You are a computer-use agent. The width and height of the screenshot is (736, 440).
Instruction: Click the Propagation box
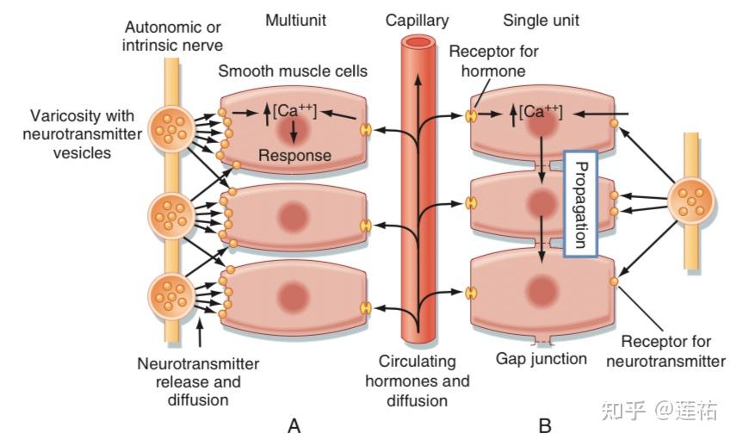(x=581, y=204)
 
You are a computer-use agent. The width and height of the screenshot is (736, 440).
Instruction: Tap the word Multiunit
(x=296, y=21)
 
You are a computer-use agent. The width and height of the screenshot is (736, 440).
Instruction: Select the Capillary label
(x=417, y=22)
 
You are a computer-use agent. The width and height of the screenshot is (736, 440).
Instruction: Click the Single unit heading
(x=541, y=21)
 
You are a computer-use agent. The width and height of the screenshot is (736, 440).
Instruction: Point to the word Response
(x=294, y=156)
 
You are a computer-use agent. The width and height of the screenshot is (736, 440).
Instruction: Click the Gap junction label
(x=541, y=359)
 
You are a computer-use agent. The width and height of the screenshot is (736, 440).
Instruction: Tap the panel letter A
(x=294, y=426)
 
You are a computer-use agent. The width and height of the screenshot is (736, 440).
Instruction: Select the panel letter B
(x=545, y=426)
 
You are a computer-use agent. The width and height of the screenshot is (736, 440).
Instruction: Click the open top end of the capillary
(x=418, y=43)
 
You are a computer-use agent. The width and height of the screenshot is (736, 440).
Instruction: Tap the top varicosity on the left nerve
(x=171, y=128)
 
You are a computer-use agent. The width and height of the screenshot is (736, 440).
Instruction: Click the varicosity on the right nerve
(x=691, y=201)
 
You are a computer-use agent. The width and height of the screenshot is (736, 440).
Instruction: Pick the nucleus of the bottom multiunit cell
(x=293, y=297)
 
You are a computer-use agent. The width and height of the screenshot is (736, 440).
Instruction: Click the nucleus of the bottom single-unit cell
(x=541, y=291)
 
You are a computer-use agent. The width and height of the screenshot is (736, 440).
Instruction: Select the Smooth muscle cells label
(x=293, y=71)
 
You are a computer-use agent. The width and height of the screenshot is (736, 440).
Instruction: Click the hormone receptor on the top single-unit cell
(x=471, y=115)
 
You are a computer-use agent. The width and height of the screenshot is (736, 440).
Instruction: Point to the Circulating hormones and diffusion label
(x=417, y=381)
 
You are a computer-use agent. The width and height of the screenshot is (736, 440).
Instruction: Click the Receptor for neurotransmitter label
(x=665, y=351)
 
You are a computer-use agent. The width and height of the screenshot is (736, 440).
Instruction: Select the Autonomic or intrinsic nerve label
(x=172, y=36)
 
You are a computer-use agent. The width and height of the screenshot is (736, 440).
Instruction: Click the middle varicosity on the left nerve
(x=171, y=216)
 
